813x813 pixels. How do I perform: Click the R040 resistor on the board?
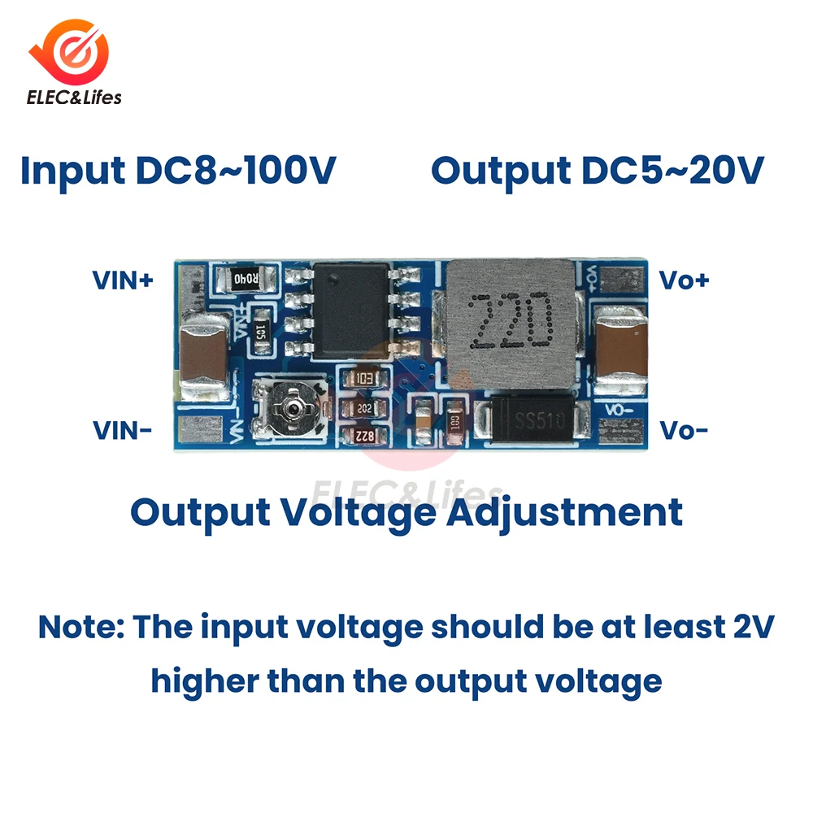pos(245,280)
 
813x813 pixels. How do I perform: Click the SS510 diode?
pos(533,421)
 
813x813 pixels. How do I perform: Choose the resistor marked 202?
pos(363,408)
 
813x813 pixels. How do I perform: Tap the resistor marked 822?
pos(363,437)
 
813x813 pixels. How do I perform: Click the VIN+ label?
pos(123,281)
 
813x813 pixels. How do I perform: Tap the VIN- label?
pos(122,430)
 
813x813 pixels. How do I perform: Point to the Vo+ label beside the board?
pos(684,281)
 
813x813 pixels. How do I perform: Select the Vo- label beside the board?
pos(684,430)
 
